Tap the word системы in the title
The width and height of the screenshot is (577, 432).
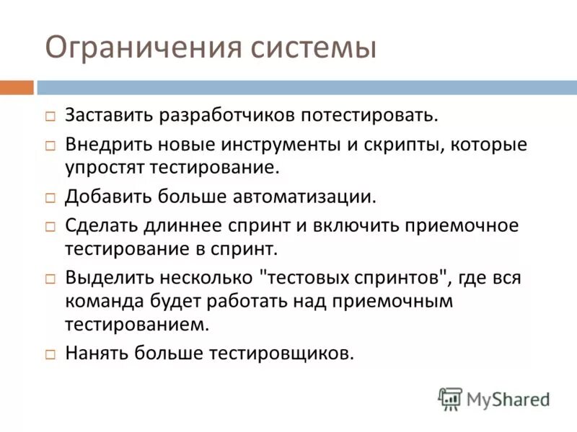(x=314, y=48)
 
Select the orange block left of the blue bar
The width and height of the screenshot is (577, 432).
(x=17, y=88)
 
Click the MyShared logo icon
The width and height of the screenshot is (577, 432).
(x=450, y=397)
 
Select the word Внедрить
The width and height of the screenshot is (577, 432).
(x=106, y=144)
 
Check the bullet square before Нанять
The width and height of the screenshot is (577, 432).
(x=50, y=354)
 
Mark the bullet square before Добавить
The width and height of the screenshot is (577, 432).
(x=50, y=197)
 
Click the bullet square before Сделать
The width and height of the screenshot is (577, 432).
(x=50, y=226)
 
